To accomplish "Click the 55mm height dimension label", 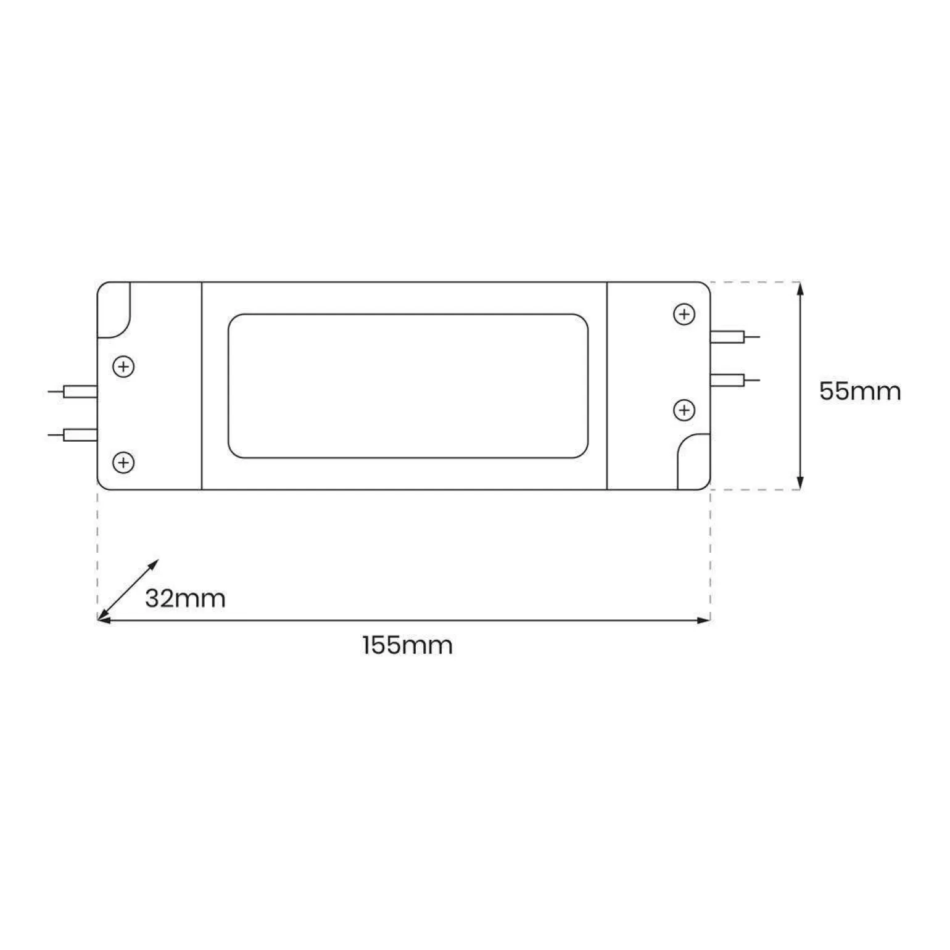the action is (x=860, y=392).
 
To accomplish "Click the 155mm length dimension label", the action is (x=408, y=645).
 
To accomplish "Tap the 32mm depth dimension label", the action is (x=185, y=598).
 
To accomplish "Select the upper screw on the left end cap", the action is (x=123, y=367).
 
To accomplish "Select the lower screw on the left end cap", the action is (x=123, y=462).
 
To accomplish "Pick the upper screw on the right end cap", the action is (x=684, y=315).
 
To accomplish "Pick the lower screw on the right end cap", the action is (x=684, y=410).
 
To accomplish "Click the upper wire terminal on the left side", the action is (x=73, y=391).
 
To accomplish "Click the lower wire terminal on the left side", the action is (x=73, y=435).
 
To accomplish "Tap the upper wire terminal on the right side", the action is (x=735, y=337).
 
